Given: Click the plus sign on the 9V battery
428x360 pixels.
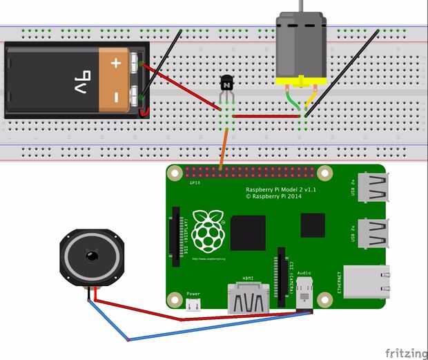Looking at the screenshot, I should click(116, 64).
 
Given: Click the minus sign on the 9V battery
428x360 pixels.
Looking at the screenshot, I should click(116, 95).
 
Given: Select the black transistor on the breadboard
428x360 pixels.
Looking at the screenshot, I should click(226, 86).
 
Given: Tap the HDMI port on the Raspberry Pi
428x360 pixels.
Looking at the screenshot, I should click(249, 299).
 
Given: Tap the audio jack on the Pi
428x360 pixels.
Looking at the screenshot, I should click(304, 296).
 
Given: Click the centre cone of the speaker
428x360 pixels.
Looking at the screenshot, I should click(91, 257).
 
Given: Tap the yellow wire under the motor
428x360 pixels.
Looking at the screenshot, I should click(311, 100).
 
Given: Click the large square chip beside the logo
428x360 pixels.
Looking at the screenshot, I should click(248, 233).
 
